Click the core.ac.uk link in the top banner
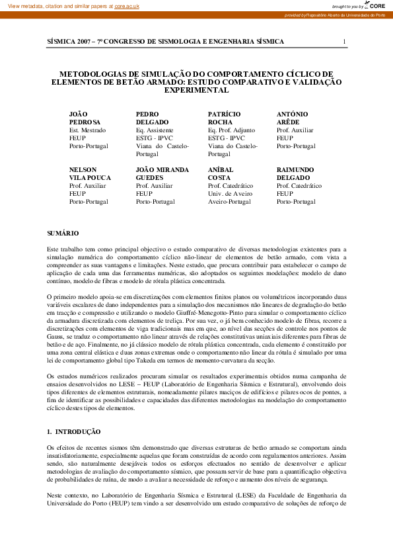[x=127, y=5]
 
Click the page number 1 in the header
[x=344, y=42]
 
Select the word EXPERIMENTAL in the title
[x=196, y=90]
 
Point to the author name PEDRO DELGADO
[x=153, y=118]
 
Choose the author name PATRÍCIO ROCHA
[x=224, y=118]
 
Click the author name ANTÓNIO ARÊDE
[x=292, y=118]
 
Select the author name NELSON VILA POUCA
[x=90, y=174]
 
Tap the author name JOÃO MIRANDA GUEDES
[x=162, y=174]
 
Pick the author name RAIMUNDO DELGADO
[x=295, y=174]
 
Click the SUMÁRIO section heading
[x=63, y=234]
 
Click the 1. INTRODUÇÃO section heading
[x=74, y=431]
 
